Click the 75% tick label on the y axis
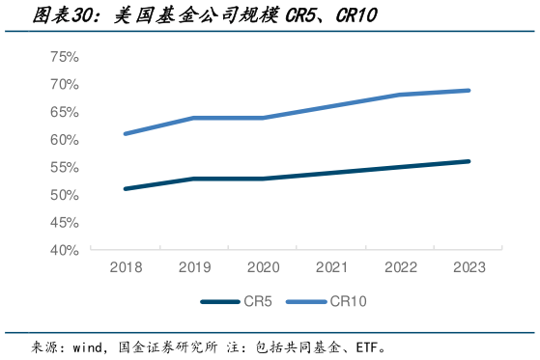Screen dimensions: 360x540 pos(64,57)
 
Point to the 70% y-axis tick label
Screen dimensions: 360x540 pos(64,85)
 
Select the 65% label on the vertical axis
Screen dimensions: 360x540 pos(64,112)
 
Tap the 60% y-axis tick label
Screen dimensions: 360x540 pos(64,140)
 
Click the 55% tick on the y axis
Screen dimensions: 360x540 pos(64,167)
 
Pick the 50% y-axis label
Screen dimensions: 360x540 pos(64,195)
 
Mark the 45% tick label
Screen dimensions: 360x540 pos(64,222)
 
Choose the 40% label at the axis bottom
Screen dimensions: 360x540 pos(64,250)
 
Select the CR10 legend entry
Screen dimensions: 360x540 pos(349,301)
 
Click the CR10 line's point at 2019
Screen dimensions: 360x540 pos(194,118)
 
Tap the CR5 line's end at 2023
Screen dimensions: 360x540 pos(469,161)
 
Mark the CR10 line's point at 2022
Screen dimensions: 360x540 pos(400,95)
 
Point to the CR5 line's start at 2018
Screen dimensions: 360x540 pos(125,189)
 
